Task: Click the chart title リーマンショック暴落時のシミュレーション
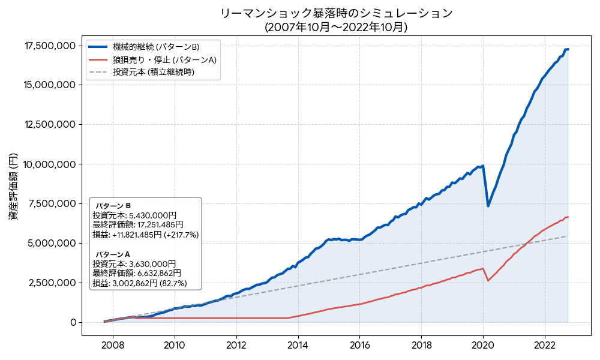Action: (x=336, y=13)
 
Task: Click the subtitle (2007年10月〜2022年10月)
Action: (x=336, y=26)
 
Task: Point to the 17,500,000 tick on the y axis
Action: (x=50, y=46)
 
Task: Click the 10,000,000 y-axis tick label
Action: (x=50, y=164)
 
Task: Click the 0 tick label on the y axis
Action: (x=73, y=322)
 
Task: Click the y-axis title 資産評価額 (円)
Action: (x=13, y=186)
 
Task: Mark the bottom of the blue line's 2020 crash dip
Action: (x=488, y=206)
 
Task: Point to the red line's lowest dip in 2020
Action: (x=488, y=280)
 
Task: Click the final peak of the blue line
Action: (x=568, y=49)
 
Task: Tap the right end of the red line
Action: (x=568, y=217)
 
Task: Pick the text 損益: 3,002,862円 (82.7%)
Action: (x=140, y=283)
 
